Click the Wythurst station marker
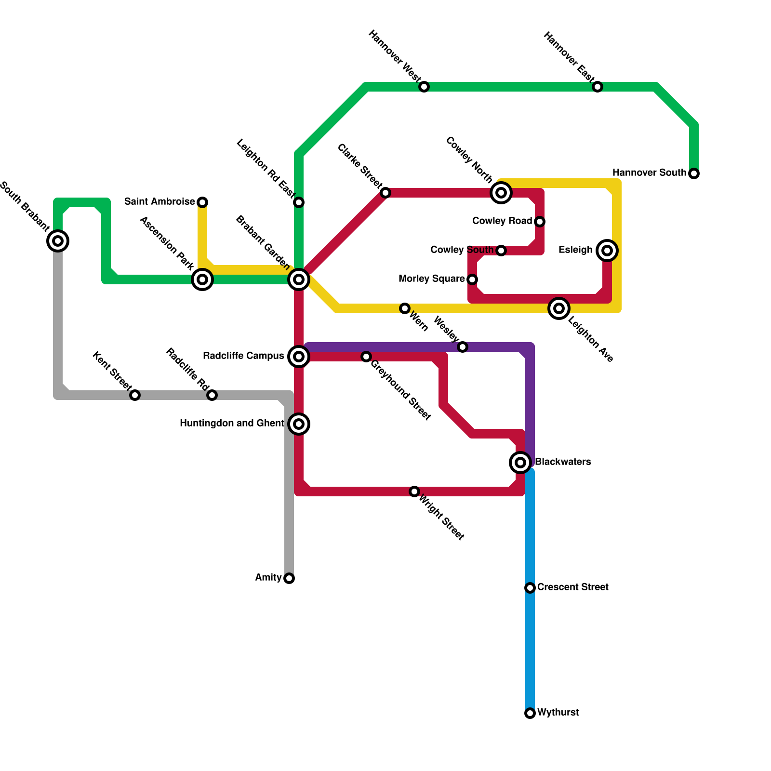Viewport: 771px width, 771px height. click(x=530, y=713)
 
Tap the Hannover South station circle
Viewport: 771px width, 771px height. click(x=694, y=173)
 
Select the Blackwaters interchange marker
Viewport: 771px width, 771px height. click(x=520, y=463)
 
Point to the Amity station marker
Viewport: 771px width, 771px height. click(x=289, y=578)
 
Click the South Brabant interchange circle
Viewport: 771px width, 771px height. click(x=58, y=241)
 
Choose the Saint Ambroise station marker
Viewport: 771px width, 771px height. click(x=202, y=202)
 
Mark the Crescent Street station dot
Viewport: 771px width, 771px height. click(x=530, y=588)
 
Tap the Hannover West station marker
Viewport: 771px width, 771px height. click(x=424, y=87)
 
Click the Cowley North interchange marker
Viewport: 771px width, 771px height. click(x=501, y=193)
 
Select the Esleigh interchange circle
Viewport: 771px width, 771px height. click(x=607, y=251)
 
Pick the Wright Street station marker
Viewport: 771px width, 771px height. click(x=414, y=492)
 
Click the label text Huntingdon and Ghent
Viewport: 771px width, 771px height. click(x=232, y=424)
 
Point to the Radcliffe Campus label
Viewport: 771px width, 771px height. click(x=243, y=356)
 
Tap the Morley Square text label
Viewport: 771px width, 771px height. click(x=431, y=279)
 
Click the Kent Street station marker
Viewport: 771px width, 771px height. click(x=135, y=395)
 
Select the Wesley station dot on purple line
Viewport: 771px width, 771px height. click(x=463, y=347)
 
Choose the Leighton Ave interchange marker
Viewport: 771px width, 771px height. click(x=559, y=308)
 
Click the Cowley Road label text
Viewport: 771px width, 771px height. click(x=502, y=221)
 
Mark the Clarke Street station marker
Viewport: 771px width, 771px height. click(x=385, y=193)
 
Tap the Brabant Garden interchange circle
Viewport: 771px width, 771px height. click(x=299, y=279)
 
